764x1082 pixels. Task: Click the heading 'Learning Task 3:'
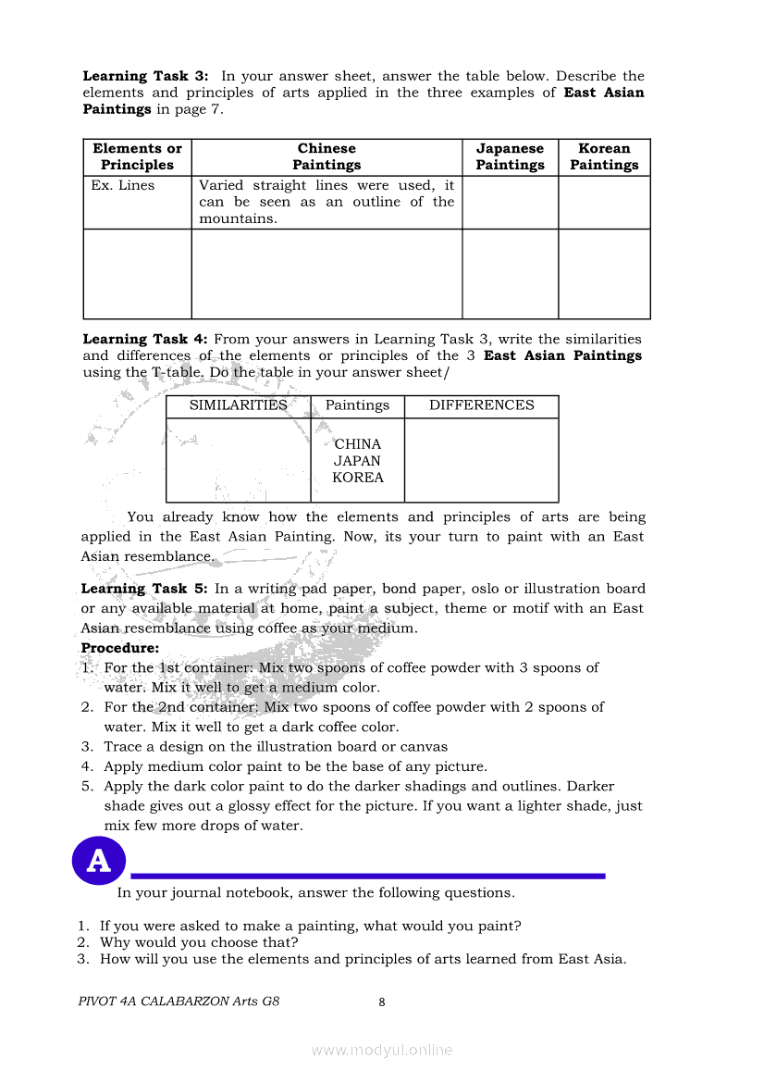pos(145,76)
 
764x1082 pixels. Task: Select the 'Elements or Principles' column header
pos(137,156)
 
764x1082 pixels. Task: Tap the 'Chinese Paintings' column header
pos(327,156)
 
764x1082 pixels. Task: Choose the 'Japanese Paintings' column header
pos(510,156)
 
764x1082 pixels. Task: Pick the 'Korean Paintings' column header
pos(604,156)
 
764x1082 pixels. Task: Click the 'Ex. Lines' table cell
pos(123,185)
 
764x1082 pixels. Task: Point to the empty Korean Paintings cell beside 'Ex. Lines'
pos(604,203)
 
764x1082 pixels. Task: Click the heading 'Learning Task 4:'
pos(145,339)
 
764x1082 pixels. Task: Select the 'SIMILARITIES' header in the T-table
pos(238,405)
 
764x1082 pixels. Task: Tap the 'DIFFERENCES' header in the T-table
pos(481,405)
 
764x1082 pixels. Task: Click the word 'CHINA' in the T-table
pos(358,444)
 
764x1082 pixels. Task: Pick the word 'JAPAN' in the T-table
pos(358,461)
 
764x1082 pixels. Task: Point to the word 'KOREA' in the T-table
pos(358,478)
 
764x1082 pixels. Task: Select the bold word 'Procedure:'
pos(120,648)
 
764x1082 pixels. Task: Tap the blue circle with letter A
pos(98,861)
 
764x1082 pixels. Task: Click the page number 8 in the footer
pos(381,1001)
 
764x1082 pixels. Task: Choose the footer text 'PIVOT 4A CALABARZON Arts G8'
pos(179,1001)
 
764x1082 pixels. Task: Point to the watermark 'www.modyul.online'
pos(381,1050)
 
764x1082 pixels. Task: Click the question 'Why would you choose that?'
pos(199,942)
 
